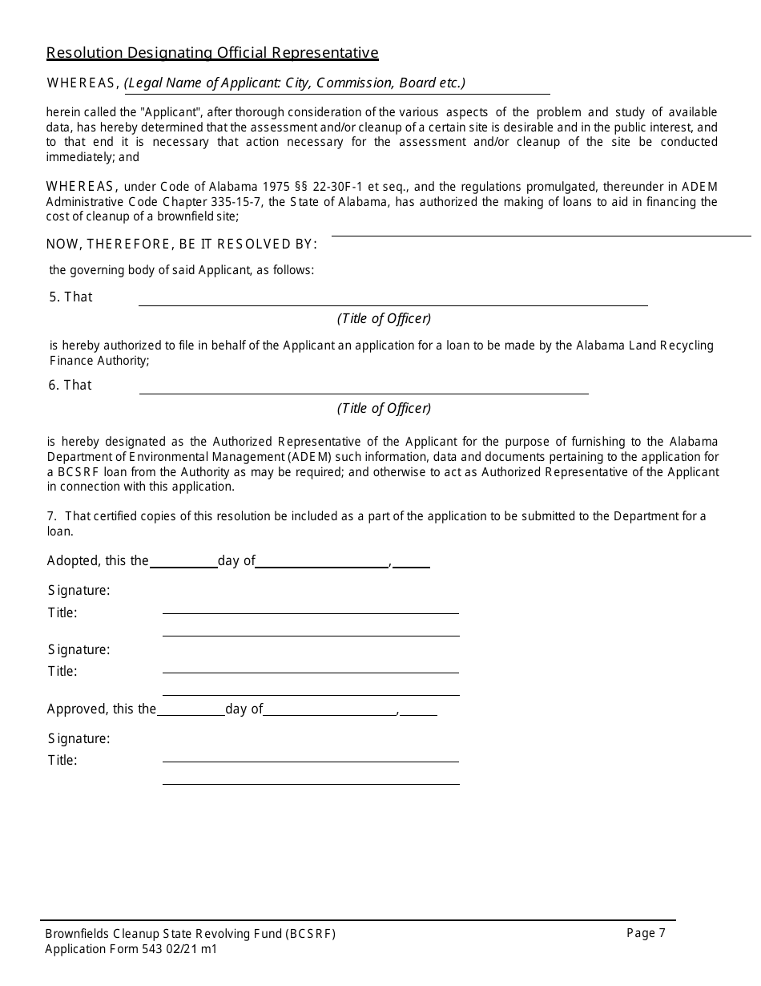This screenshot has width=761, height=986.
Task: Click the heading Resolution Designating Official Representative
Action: (x=212, y=53)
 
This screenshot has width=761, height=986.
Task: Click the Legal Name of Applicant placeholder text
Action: (x=295, y=83)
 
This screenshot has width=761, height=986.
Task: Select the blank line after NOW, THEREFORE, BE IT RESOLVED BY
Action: (x=541, y=234)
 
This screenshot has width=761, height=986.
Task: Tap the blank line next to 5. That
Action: (x=393, y=303)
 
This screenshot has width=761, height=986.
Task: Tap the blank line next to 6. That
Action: (x=364, y=391)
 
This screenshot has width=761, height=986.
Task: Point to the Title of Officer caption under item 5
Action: (x=384, y=318)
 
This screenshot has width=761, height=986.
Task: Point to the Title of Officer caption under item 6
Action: (x=384, y=408)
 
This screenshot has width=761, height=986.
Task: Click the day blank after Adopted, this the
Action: (x=183, y=566)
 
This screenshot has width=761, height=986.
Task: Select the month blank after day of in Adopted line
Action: (x=321, y=566)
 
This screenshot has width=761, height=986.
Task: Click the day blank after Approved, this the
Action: (x=191, y=713)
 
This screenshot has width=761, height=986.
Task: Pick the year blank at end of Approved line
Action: (x=419, y=713)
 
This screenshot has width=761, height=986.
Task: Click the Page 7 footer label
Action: (x=646, y=932)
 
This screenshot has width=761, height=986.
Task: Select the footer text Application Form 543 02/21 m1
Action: (x=131, y=949)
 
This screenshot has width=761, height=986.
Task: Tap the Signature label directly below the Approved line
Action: (x=79, y=738)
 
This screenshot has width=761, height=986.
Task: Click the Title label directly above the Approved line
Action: (x=62, y=672)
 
